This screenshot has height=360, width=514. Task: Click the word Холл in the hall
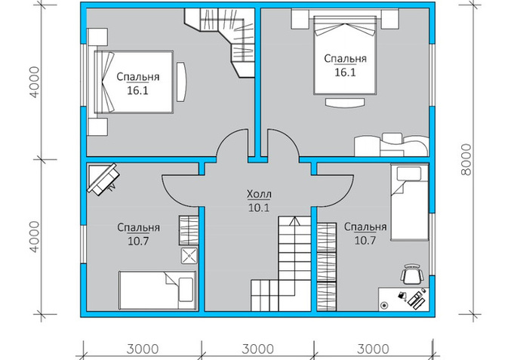259,195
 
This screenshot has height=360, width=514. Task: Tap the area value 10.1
259,208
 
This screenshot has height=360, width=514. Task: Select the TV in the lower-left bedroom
103,179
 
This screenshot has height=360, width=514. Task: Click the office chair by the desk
411,274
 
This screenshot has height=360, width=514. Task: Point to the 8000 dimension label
466,160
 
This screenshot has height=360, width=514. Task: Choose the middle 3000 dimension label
257,349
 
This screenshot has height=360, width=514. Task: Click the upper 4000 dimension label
34,82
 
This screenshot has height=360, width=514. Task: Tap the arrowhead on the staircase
294,220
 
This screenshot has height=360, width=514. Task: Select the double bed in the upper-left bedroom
134,82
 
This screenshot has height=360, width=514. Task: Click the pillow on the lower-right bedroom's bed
409,174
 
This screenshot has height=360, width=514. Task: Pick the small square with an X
189,256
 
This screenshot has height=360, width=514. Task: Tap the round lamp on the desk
384,305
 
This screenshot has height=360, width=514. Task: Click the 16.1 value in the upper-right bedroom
345,72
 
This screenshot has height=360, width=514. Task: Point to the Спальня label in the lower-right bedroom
365,226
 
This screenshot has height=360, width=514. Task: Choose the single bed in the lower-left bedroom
157,290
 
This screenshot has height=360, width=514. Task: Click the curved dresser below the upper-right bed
345,103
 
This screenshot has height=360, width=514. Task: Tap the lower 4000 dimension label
34,237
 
